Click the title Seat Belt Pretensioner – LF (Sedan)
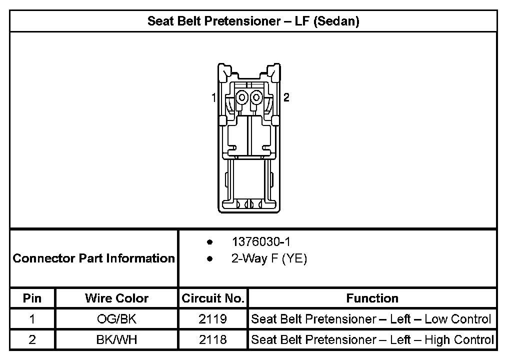pos(253,21)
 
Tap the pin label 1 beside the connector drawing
pos(214,97)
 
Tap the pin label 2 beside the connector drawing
pos(286,97)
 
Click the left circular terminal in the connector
pos(242,97)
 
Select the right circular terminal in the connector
pos(256,97)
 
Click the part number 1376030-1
pos(261,241)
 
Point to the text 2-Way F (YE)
pos(269,258)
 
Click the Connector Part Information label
pos(93,258)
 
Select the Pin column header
pos(32,298)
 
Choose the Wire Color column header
pos(117,298)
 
